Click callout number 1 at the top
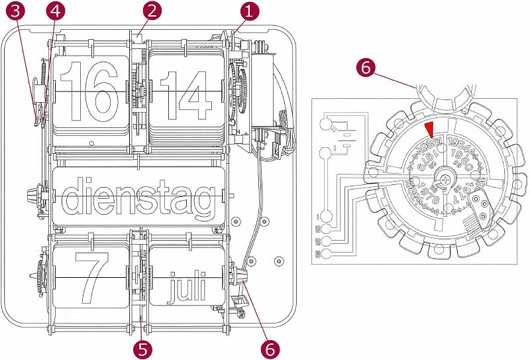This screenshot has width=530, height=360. [x=248, y=11]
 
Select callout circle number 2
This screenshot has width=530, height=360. [x=152, y=11]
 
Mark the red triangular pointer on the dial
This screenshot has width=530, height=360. [x=429, y=129]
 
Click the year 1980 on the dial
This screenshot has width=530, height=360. [x=466, y=158]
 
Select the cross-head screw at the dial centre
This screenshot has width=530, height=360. [x=447, y=179]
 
